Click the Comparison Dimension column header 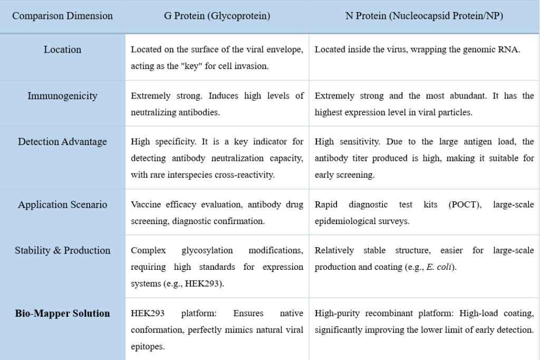click(62, 16)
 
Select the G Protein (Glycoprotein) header click(217, 16)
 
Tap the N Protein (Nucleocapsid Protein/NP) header click(424, 16)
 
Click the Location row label click(62, 50)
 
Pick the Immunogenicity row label click(62, 95)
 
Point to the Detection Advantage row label click(62, 141)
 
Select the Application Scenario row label click(62, 205)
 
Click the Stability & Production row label click(62, 250)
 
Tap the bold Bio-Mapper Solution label click(62, 313)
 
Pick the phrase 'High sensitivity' click(340, 141)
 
